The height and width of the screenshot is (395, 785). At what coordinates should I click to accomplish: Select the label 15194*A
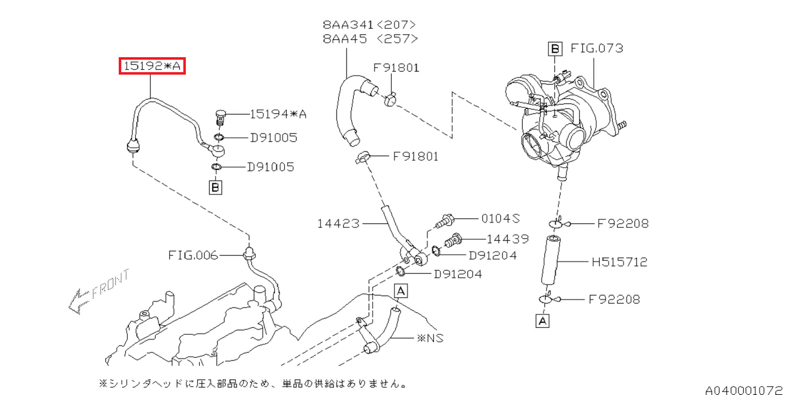(x=278, y=114)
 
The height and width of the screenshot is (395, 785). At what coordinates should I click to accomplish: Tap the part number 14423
(x=338, y=224)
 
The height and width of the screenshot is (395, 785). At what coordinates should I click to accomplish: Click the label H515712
(x=619, y=261)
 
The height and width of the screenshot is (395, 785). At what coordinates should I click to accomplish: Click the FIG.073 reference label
(x=597, y=49)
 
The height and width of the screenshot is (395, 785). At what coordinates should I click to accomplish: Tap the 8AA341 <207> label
(x=369, y=25)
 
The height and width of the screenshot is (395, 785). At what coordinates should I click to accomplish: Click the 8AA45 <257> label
(x=369, y=39)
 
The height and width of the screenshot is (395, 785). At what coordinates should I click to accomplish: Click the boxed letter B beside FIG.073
(x=555, y=49)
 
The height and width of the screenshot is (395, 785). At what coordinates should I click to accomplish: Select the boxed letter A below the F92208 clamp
(x=543, y=320)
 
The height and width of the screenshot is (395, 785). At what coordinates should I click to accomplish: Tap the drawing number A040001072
(x=743, y=390)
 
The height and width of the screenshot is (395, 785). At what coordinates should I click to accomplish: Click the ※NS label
(x=430, y=338)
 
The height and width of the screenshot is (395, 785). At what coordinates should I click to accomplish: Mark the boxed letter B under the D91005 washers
(x=215, y=186)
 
